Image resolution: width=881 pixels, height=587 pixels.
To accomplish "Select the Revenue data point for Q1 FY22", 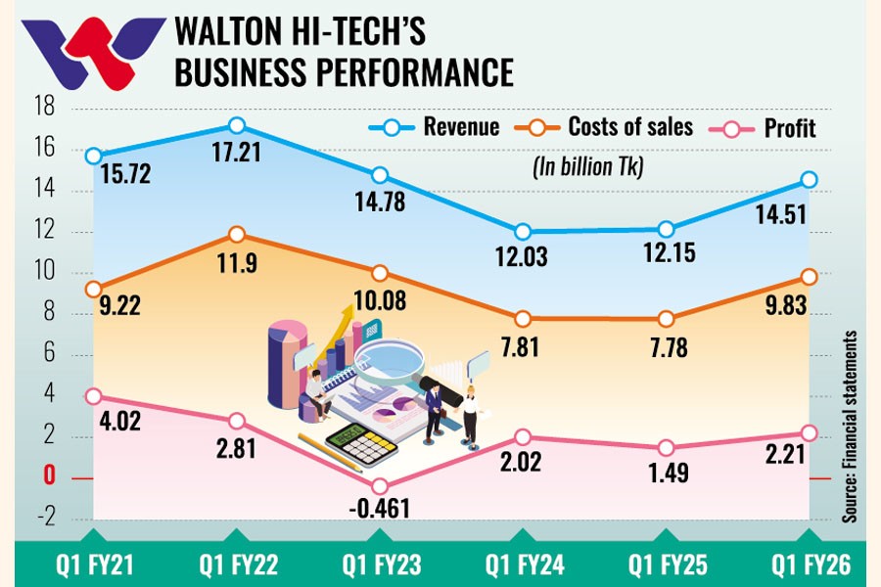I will (x=236, y=125).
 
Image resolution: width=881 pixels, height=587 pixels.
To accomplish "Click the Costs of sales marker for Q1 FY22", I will (x=236, y=235).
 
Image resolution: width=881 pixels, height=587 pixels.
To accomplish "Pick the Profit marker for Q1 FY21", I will (x=93, y=396).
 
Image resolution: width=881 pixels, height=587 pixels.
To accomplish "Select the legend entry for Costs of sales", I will (x=613, y=127).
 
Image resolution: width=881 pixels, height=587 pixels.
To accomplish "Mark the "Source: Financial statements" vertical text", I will (x=850, y=426).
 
